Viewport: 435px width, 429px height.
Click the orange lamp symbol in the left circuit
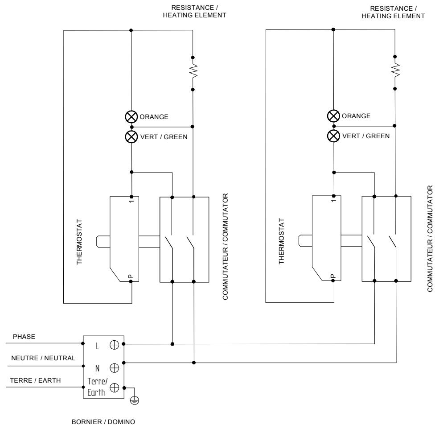click(x=131, y=117)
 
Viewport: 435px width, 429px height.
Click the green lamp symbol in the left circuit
click(x=131, y=136)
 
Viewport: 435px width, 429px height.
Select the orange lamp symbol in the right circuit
click(x=333, y=116)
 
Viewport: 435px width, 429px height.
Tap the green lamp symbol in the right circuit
click(x=333, y=136)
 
